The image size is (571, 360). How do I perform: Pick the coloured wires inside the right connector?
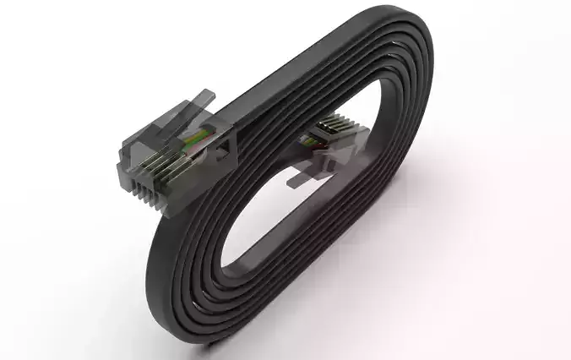pyautogui.click(x=319, y=140)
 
